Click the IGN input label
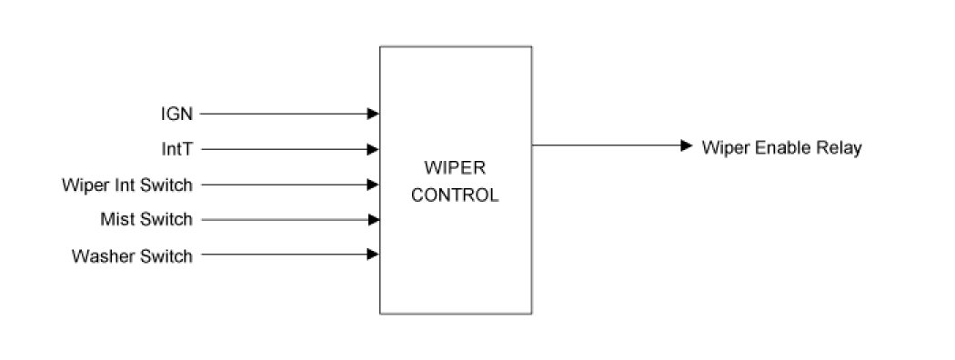(x=176, y=114)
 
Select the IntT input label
(x=177, y=149)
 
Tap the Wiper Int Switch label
(x=127, y=185)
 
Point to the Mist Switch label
(x=146, y=219)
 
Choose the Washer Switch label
(x=132, y=255)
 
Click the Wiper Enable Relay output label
(x=781, y=147)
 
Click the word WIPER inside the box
(x=455, y=167)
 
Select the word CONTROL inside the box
(x=455, y=195)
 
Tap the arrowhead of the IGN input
(x=373, y=114)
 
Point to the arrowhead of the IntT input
(x=373, y=149)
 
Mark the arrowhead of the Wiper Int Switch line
(x=373, y=185)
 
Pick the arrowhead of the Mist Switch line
(x=373, y=220)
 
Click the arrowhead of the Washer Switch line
(x=373, y=255)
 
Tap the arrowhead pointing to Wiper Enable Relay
(x=687, y=145)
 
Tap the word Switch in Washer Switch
(x=166, y=255)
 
